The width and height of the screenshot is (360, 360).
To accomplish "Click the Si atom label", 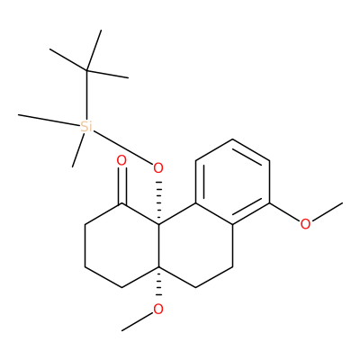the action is pos(86,127).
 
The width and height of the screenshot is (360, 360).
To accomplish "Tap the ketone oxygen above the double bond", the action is pos(121,161).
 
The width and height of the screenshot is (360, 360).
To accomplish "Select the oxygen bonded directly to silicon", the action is pos(158,168).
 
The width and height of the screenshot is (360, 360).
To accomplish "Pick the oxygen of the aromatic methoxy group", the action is pos(305,224).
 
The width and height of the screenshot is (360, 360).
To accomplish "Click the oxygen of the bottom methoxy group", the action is pos(158,309).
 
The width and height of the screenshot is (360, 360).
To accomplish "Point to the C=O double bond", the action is pos(121,185).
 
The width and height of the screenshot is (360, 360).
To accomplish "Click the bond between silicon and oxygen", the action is pos(122,147).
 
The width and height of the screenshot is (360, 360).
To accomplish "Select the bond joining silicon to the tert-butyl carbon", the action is pos(86,95).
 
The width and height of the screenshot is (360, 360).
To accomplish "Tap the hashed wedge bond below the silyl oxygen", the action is pos(158,202).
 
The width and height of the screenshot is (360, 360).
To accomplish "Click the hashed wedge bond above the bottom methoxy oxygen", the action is pos(158,284).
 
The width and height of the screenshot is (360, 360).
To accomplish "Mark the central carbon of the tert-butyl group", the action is pos(86,71).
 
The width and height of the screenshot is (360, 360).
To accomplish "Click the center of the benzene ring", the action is pos(232,182).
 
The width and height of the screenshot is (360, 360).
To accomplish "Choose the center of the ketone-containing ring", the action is pos(121,246).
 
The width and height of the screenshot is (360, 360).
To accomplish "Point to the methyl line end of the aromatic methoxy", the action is pos(342,203).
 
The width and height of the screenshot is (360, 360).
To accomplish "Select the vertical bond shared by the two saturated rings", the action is pos(158,246).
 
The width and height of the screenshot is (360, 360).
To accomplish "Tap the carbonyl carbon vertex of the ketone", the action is pos(121,203).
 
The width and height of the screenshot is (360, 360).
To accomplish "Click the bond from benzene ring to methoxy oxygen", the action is pos(285,212).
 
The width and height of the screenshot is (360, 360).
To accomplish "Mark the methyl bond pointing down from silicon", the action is pos(78,150).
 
